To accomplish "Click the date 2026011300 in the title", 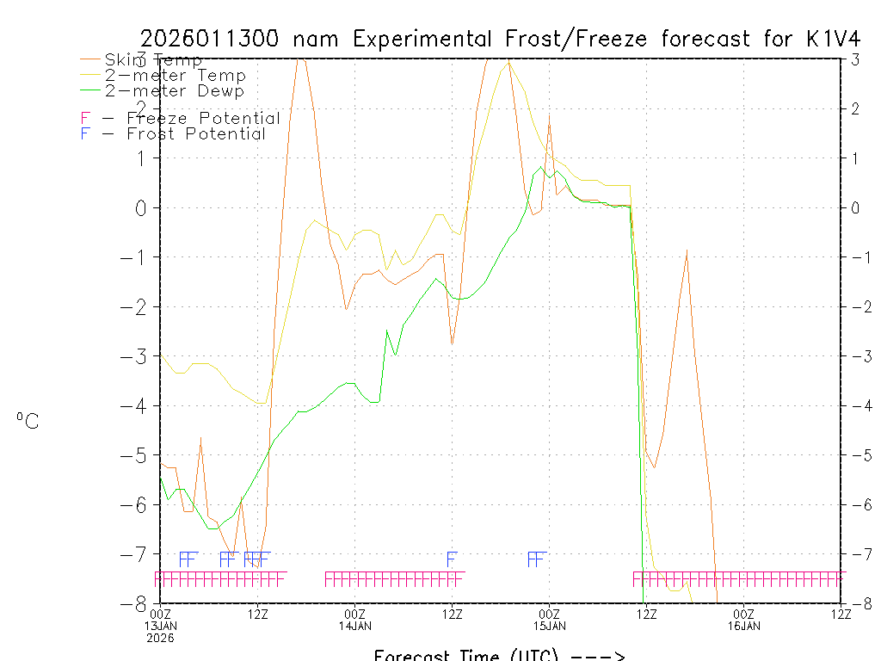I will tap(212, 40).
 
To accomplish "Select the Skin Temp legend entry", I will tap(153, 59).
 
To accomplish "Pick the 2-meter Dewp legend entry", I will tap(174, 90).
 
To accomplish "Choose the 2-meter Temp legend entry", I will tap(175, 75).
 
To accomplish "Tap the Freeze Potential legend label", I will tap(203, 118).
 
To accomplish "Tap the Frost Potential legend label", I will tap(195, 133).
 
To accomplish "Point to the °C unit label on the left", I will tap(28, 421).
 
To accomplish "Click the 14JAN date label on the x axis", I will tap(355, 626).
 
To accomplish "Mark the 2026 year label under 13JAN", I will tap(161, 638).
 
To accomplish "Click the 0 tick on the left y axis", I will tap(143, 207).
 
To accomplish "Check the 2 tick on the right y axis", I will tap(855, 108).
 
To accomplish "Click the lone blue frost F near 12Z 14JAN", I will tap(452, 559).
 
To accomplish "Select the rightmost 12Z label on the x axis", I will tap(841, 614).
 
